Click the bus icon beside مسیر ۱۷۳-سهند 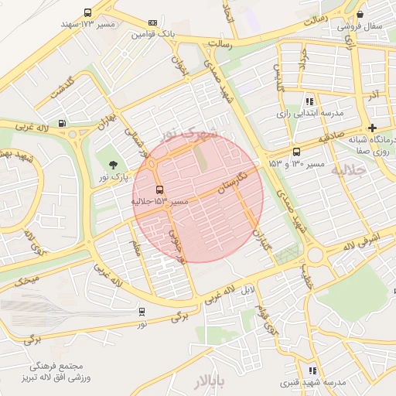(x=87, y=13)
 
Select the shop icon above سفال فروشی (x=360, y=14)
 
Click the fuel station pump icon (x=62, y=122)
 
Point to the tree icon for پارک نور (x=114, y=164)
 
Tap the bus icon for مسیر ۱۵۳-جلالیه (x=159, y=189)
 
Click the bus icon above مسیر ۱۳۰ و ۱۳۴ (x=296, y=152)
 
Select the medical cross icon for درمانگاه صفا (x=374, y=128)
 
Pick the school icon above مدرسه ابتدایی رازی (x=309, y=101)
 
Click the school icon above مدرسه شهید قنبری (x=312, y=371)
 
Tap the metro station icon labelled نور (x=142, y=312)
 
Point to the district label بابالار (x=208, y=381)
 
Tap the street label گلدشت (x=60, y=87)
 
